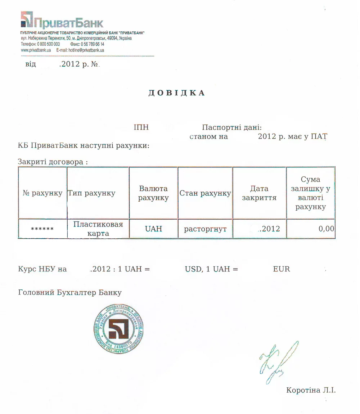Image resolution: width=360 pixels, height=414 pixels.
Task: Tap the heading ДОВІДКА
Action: (177, 93)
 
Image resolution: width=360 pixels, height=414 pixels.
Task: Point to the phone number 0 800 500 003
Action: (48, 44)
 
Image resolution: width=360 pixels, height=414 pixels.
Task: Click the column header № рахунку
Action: (42, 193)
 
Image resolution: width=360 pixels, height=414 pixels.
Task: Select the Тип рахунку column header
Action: (91, 193)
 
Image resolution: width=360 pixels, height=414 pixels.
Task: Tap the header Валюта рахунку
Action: (153, 193)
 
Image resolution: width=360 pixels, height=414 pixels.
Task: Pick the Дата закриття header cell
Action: (259, 193)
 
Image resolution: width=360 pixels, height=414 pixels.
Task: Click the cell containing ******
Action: (42, 229)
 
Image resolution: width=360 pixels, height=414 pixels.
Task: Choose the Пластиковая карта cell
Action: (98, 229)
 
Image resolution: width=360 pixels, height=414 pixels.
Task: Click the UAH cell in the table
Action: (153, 229)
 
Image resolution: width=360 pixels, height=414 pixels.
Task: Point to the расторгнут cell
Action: (205, 229)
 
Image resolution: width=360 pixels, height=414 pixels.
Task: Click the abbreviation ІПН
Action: (141, 127)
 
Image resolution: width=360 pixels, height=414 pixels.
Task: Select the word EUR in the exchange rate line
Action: (282, 269)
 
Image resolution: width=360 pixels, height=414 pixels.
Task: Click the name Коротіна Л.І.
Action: (311, 390)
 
